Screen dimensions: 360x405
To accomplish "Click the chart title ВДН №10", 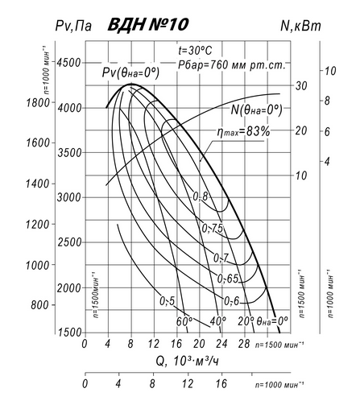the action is [148, 25].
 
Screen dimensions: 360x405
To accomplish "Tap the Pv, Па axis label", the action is [73, 26].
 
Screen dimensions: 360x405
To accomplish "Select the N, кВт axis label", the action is [300, 26].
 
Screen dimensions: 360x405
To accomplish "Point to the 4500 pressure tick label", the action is [68, 63].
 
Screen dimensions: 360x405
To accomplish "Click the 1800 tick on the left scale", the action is [38, 102].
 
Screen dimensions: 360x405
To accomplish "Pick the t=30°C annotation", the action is [195, 51].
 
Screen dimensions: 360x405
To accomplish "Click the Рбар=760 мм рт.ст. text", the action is [231, 64].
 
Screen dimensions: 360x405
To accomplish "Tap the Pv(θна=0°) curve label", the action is [130, 72].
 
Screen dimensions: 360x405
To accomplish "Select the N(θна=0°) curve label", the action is [257, 110].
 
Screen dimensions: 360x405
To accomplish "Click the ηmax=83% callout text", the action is [244, 131].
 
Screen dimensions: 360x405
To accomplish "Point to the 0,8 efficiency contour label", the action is [201, 196].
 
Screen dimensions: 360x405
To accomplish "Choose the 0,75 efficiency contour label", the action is [213, 229].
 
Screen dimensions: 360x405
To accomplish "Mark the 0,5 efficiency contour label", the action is [168, 301].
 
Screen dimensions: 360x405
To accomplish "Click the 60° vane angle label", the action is [184, 321].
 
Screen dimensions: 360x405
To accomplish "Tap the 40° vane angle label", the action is [217, 320].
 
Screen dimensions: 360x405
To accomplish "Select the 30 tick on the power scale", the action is [301, 85].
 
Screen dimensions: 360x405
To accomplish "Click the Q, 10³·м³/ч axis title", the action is [188, 362].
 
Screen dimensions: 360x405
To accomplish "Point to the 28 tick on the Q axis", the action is [244, 344].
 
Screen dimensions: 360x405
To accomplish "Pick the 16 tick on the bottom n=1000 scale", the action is [221, 384].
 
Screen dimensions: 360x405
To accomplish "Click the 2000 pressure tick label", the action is [68, 288].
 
